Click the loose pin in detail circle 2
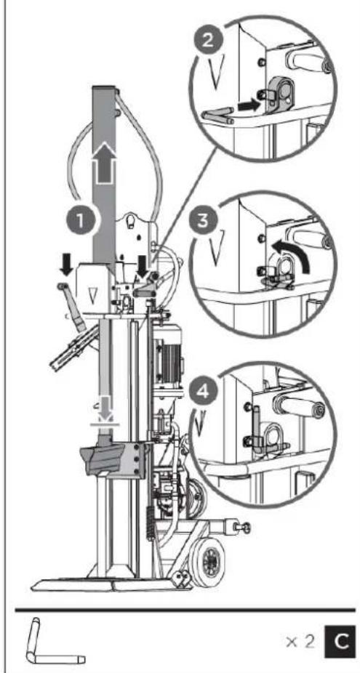(x=221, y=112)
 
